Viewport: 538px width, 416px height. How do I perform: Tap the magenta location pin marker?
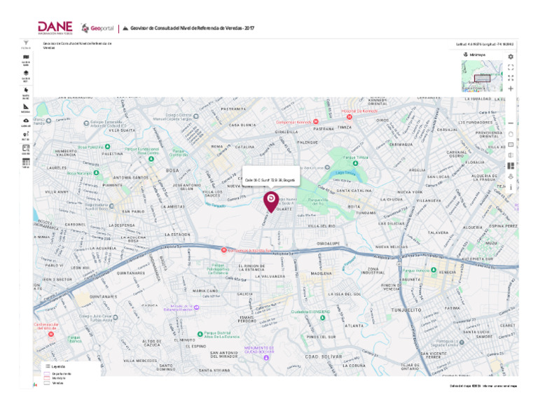(270, 201)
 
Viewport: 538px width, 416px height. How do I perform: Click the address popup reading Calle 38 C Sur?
(270, 180)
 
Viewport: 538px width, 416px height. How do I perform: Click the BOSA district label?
(172, 170)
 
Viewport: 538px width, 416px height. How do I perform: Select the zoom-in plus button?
(511, 88)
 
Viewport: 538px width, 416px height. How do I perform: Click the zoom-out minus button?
(511, 123)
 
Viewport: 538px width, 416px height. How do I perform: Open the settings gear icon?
(511, 57)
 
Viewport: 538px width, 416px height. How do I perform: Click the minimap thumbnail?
(482, 76)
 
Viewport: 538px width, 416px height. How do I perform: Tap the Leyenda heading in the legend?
(58, 366)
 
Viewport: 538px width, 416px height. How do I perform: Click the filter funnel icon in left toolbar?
(27, 43)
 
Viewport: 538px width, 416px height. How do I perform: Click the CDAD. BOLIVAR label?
(322, 357)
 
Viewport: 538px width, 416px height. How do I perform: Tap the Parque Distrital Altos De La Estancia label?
(221, 335)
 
